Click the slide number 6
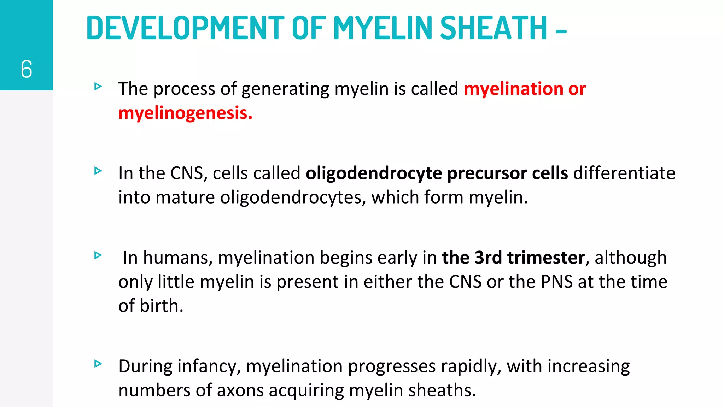click(x=27, y=69)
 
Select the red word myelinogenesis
click(x=185, y=113)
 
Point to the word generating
click(x=285, y=89)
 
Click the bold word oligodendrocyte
click(x=374, y=173)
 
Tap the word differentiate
click(x=624, y=173)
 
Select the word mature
click(x=185, y=197)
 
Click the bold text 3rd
click(x=488, y=258)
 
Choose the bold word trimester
click(x=546, y=258)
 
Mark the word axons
click(x=240, y=390)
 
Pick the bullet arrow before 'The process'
click(x=98, y=86)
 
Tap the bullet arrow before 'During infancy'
click(x=98, y=364)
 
